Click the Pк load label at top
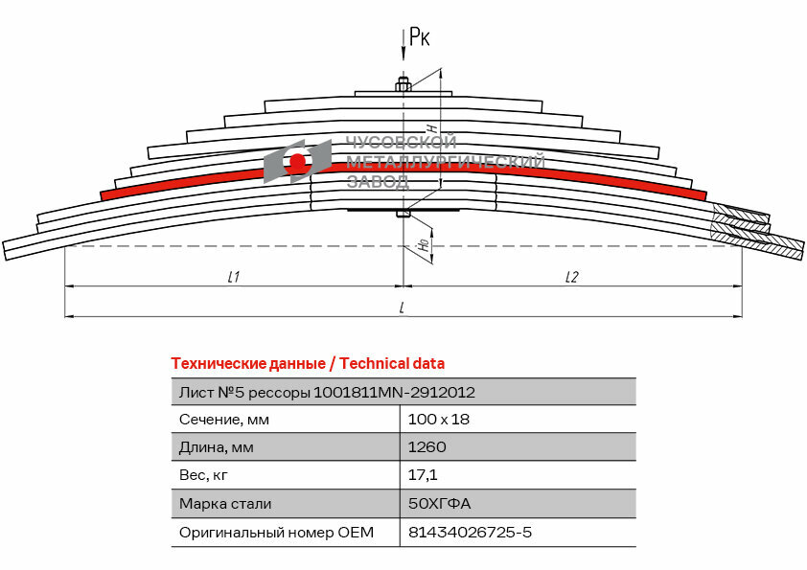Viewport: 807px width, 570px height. (x=419, y=37)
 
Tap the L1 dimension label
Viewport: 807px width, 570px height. (x=233, y=277)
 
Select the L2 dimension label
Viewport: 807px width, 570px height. (x=571, y=277)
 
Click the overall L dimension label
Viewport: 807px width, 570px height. (x=402, y=307)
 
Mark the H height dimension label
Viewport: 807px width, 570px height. (x=432, y=127)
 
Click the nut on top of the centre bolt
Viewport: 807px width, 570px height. (x=403, y=86)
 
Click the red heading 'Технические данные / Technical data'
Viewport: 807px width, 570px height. (x=308, y=364)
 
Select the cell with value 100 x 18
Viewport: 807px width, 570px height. (x=439, y=419)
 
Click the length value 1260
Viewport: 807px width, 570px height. (x=427, y=446)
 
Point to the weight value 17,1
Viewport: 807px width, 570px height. (x=423, y=475)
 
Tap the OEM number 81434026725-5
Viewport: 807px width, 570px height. (x=469, y=532)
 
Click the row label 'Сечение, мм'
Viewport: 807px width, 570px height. (x=223, y=419)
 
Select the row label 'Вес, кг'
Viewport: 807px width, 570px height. (x=204, y=475)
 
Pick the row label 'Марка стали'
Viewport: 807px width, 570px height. (x=225, y=503)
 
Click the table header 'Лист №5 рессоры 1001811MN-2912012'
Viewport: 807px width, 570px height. (x=327, y=392)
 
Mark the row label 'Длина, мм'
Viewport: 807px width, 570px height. (x=217, y=446)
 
